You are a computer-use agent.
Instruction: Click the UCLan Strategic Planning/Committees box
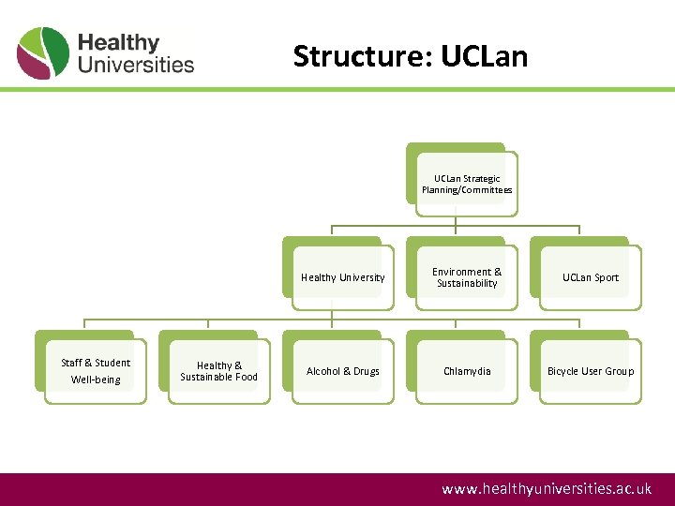click(x=467, y=185)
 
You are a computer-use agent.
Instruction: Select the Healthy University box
click(x=343, y=277)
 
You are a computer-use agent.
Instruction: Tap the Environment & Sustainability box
click(x=467, y=277)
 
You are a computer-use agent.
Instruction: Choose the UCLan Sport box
click(x=591, y=277)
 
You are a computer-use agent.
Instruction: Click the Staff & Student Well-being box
click(x=96, y=371)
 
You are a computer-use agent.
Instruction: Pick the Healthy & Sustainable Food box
click(x=219, y=371)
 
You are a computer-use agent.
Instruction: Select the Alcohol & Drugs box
click(x=343, y=371)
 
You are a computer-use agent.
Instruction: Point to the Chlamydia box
click(x=467, y=371)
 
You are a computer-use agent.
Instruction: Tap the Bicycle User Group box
click(x=591, y=371)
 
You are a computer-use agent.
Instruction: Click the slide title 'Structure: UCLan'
click(x=411, y=56)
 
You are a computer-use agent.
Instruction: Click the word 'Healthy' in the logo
click(x=118, y=43)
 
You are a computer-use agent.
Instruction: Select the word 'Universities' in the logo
click(x=136, y=65)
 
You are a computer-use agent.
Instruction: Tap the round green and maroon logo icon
click(x=43, y=53)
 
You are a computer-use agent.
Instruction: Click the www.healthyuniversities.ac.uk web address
click(x=547, y=489)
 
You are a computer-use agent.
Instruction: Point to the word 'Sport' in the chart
click(x=606, y=277)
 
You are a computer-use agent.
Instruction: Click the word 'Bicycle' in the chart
click(x=564, y=371)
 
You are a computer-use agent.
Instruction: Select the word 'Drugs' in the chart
click(x=366, y=371)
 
